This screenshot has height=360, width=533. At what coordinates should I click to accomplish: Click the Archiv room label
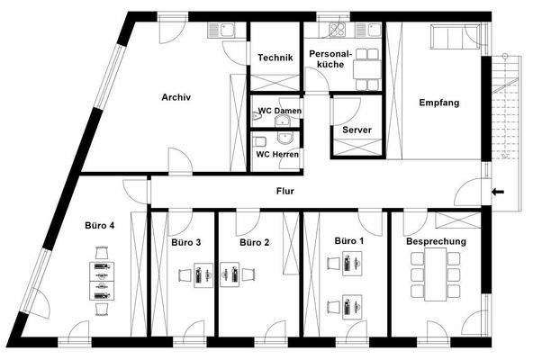[x=176, y=97]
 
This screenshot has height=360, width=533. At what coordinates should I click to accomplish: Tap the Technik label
[x=276, y=58]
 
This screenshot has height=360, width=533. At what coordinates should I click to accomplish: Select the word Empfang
[x=439, y=103]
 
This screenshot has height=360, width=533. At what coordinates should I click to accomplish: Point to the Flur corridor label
[x=285, y=191]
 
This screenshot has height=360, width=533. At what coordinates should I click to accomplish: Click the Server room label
[x=357, y=130]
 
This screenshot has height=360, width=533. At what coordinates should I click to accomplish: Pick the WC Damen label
[x=280, y=111]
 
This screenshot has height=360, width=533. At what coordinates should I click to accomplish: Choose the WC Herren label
[x=277, y=154]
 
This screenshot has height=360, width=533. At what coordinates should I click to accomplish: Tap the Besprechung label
[x=436, y=241]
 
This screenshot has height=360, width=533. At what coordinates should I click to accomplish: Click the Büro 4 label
[x=100, y=225]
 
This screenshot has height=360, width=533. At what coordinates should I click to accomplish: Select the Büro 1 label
[x=349, y=241]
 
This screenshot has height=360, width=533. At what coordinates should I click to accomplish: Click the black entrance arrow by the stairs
[x=498, y=192]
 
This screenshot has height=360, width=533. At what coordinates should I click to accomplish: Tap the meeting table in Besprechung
[x=436, y=274]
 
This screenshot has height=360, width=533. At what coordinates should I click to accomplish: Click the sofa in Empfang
[x=456, y=36]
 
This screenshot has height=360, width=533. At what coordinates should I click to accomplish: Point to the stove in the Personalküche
[x=338, y=30]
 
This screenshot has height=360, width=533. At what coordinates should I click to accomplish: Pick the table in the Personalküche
[x=367, y=69]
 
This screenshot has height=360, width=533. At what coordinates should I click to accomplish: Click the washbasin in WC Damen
[x=283, y=121]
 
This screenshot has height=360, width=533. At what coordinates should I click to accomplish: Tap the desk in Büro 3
[x=203, y=275]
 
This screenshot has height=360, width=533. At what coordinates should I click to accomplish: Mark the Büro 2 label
[x=254, y=242]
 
